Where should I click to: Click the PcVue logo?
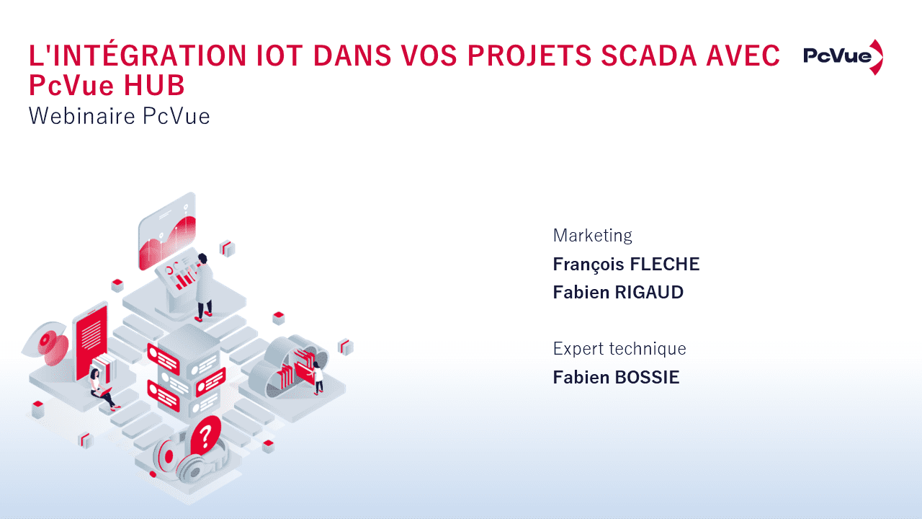coord(843,57)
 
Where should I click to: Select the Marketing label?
coord(592,235)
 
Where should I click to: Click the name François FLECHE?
coord(626,265)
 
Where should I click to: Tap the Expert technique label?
coord(619,349)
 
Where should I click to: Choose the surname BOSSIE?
coord(647,378)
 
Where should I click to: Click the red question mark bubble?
coord(206,435)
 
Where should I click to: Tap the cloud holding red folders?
coord(292,364)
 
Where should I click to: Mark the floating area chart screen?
coord(167,231)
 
